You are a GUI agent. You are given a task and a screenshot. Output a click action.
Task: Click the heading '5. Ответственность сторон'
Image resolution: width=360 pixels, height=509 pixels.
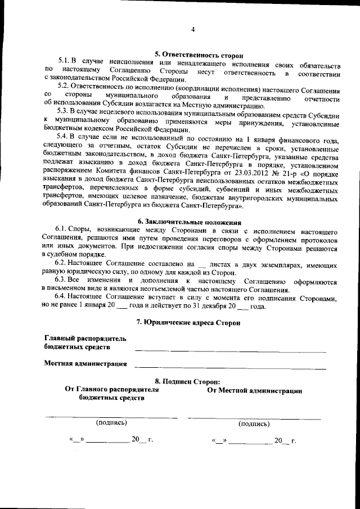pyautogui.click(x=199, y=55)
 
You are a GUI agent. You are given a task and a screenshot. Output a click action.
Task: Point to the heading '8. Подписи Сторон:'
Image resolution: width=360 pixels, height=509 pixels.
pyautogui.click(x=188, y=381)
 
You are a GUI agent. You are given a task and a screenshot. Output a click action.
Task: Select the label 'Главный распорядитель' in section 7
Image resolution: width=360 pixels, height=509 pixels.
pyautogui.click(x=85, y=338)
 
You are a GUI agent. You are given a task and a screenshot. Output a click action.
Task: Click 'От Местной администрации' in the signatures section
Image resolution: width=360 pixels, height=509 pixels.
pyautogui.click(x=254, y=390)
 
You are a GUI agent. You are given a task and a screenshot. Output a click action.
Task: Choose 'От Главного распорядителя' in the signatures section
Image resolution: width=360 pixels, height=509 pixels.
pyautogui.click(x=112, y=389)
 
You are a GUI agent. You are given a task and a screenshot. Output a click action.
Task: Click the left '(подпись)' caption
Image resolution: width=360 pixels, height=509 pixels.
pyautogui.click(x=111, y=422)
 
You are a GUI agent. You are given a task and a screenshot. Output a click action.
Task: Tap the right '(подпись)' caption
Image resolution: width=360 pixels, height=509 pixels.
pyautogui.click(x=254, y=423)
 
